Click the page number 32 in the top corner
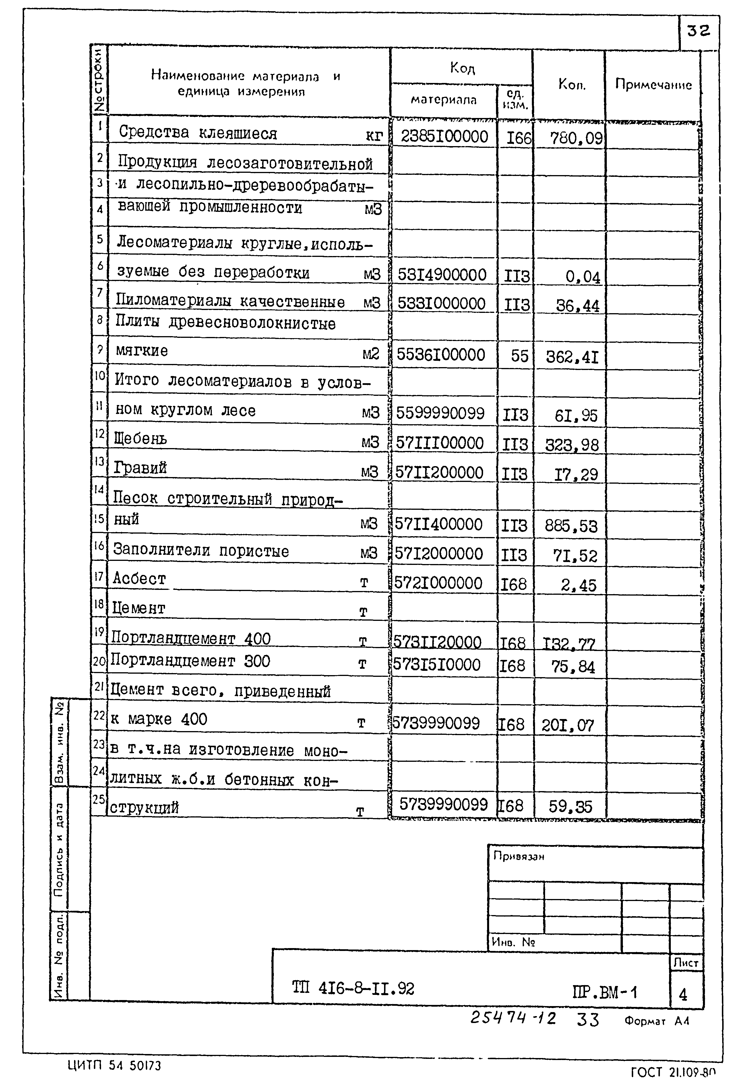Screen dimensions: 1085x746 coord(698,31)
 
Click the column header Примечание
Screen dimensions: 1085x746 coord(653,85)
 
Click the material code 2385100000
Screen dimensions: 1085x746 coord(444,137)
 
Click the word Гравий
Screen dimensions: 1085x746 coord(140,468)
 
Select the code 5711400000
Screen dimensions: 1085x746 coord(438,524)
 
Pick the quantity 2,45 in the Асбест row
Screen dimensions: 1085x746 coord(579,585)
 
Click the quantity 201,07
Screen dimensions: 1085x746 coord(567,725)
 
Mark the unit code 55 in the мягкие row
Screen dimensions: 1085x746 coord(519,356)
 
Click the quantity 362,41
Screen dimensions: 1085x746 coord(572,357)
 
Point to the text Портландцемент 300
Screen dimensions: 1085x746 coord(190,661)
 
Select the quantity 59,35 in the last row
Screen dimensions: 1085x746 coord(570,806)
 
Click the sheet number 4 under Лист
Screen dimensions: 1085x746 coord(683,995)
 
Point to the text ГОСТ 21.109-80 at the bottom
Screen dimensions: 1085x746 coord(673,1072)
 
